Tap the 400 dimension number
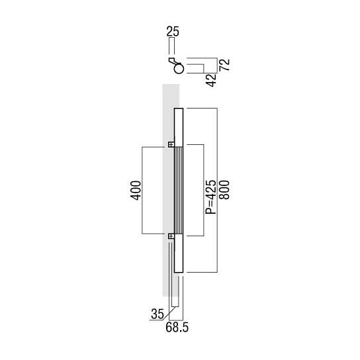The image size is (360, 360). coord(135,191)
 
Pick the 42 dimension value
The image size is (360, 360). coord(211,79)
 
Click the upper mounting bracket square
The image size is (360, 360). coord(170,145)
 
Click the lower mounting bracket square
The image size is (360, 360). coord(170,235)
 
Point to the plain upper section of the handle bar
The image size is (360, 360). coord(178,126)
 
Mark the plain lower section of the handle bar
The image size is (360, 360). coord(178,255)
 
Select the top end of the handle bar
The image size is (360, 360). coord(178,109)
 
